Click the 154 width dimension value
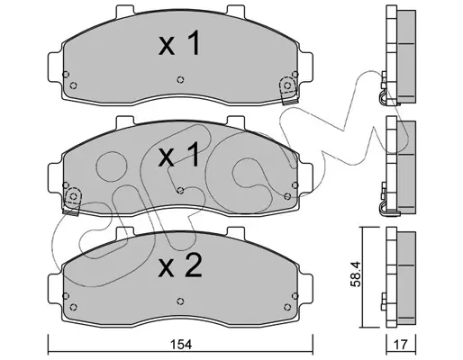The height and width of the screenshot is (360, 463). pos(181,345)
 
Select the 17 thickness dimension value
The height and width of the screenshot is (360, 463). pos(401,345)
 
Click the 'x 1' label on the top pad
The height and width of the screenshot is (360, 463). pos(179,43)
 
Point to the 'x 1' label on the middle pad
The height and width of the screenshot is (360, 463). pos(179,154)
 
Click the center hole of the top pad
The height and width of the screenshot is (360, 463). pos(180,79)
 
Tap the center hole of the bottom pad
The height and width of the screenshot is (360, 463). pos(180,301)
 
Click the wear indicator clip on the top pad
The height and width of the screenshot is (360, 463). pos(288,91)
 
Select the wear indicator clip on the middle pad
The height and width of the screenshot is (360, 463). pos(72,202)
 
